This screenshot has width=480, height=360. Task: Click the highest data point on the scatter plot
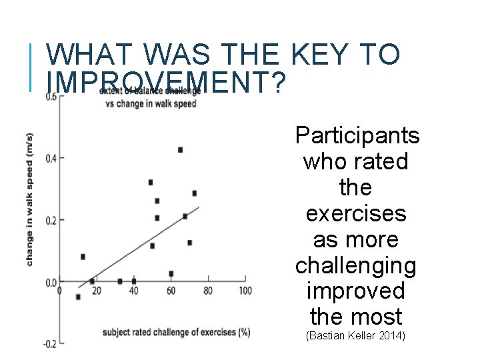point(180,150)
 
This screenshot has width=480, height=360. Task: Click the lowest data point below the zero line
point(78,297)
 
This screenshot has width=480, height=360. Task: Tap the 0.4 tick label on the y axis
point(51,158)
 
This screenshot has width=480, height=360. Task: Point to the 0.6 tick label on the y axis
point(51,97)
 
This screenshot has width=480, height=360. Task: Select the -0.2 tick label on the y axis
point(49,344)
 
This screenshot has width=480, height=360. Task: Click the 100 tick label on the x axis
point(245,291)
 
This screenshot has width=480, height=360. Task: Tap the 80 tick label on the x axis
point(208,291)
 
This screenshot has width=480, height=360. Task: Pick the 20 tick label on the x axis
point(97,291)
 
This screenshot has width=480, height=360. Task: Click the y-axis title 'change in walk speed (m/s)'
point(30,199)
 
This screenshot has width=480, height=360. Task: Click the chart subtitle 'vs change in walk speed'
point(148,103)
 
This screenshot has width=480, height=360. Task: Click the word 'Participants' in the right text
point(357,136)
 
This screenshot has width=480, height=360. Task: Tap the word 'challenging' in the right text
point(355,265)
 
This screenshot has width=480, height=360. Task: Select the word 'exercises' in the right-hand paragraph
point(355,214)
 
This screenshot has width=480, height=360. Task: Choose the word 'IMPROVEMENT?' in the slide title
point(167,81)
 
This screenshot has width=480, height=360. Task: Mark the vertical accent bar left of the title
point(33,67)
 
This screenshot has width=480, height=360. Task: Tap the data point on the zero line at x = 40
point(134,281)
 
